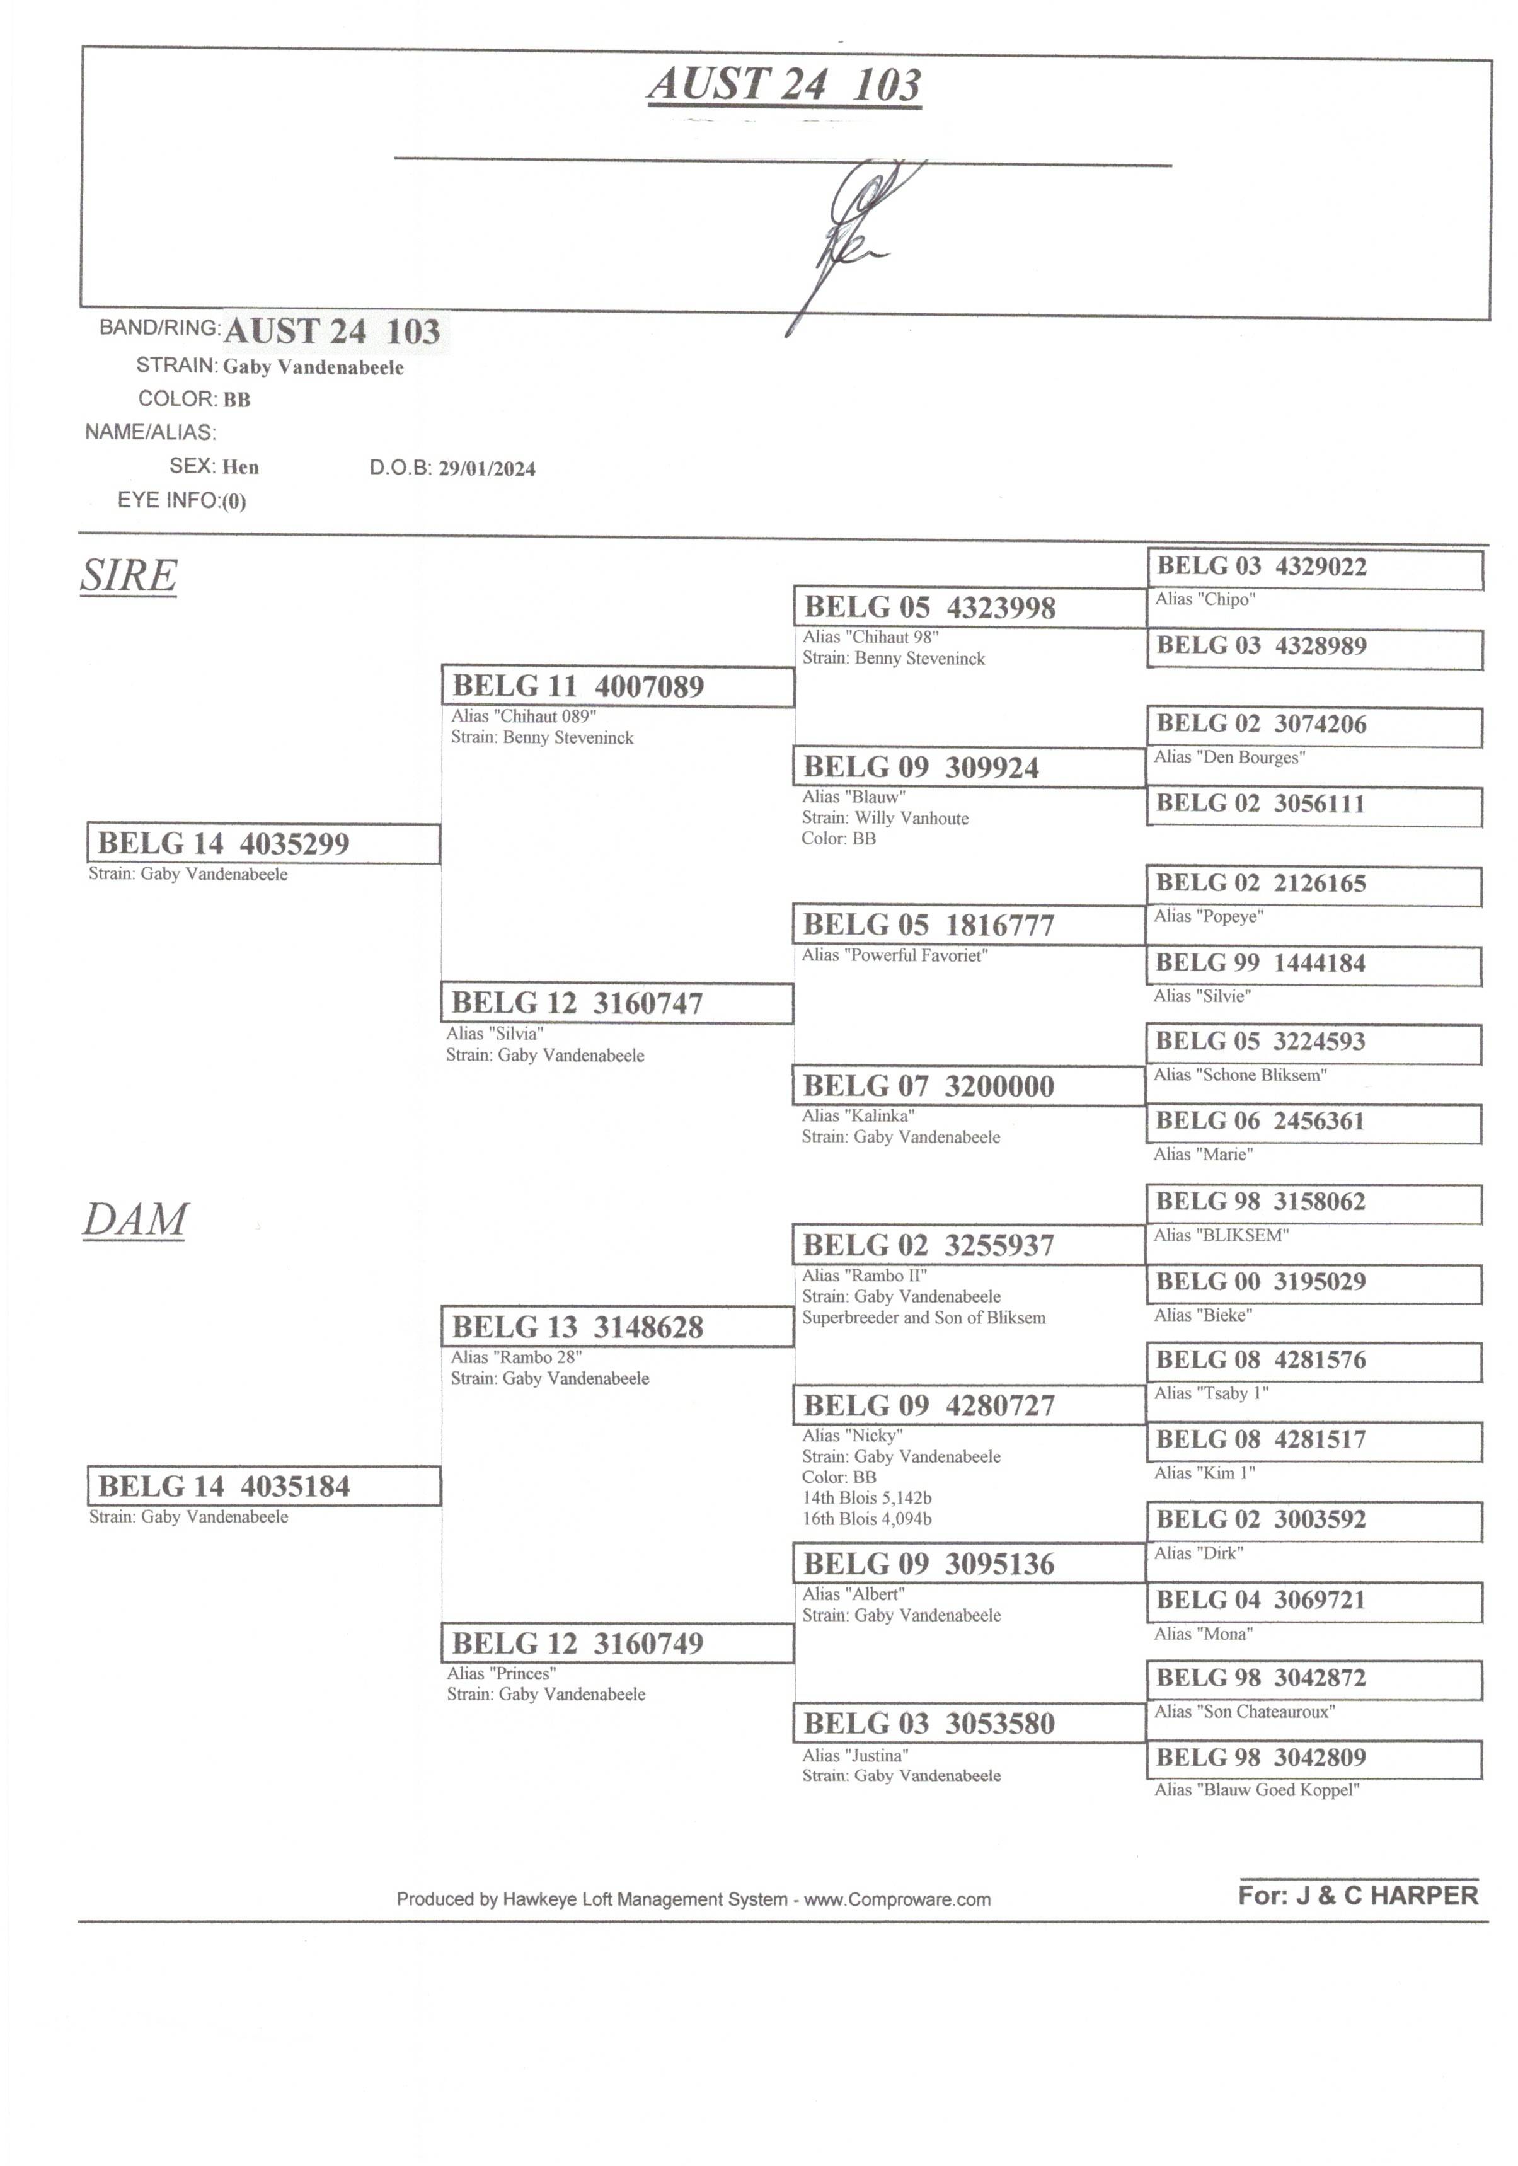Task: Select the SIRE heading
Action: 129,575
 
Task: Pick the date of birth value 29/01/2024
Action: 487,469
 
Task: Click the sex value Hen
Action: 241,467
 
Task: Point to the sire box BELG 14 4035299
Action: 263,843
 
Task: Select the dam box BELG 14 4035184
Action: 263,1486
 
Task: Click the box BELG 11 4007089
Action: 618,686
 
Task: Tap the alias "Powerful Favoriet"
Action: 894,955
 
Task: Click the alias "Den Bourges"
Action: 1229,757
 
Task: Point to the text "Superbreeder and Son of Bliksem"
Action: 924,1318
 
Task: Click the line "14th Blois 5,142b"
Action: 867,1498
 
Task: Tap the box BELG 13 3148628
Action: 618,1327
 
